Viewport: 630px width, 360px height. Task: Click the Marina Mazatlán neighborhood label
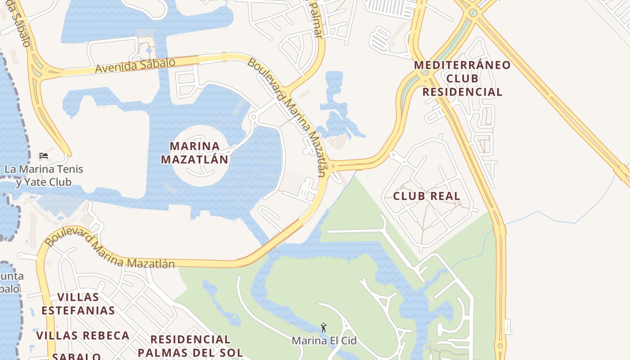[x=194, y=153]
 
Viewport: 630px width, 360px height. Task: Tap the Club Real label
[x=427, y=196]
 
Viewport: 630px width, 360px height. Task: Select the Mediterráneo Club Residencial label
[x=462, y=78]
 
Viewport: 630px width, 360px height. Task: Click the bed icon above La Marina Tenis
[x=44, y=156]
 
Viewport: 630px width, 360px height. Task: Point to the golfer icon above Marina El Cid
[x=323, y=328]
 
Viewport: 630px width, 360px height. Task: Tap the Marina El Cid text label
[x=324, y=341]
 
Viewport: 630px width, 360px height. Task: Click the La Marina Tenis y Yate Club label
[x=44, y=175]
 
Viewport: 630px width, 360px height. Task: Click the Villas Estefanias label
[x=78, y=304]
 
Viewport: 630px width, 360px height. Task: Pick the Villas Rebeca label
[x=83, y=336]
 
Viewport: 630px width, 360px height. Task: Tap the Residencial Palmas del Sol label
[x=190, y=346]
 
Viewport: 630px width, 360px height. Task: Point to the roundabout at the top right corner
[x=472, y=12]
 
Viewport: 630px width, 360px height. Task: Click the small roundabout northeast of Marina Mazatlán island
[x=253, y=117]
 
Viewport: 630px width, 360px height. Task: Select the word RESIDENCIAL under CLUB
[x=462, y=92]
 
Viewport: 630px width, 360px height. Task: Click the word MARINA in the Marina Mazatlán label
[x=194, y=146]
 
